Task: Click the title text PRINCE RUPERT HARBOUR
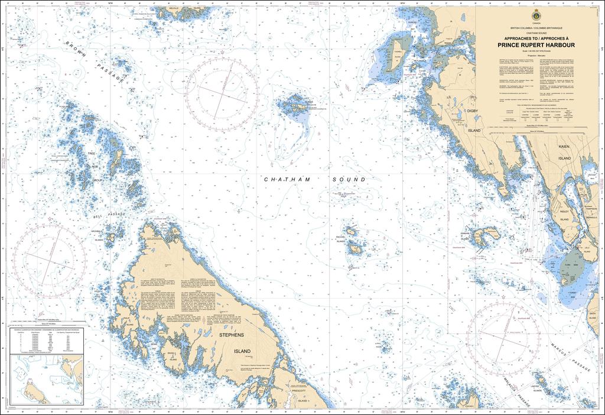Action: pos(537,44)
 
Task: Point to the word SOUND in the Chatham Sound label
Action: pos(349,179)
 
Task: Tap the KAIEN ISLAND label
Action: pos(564,152)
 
